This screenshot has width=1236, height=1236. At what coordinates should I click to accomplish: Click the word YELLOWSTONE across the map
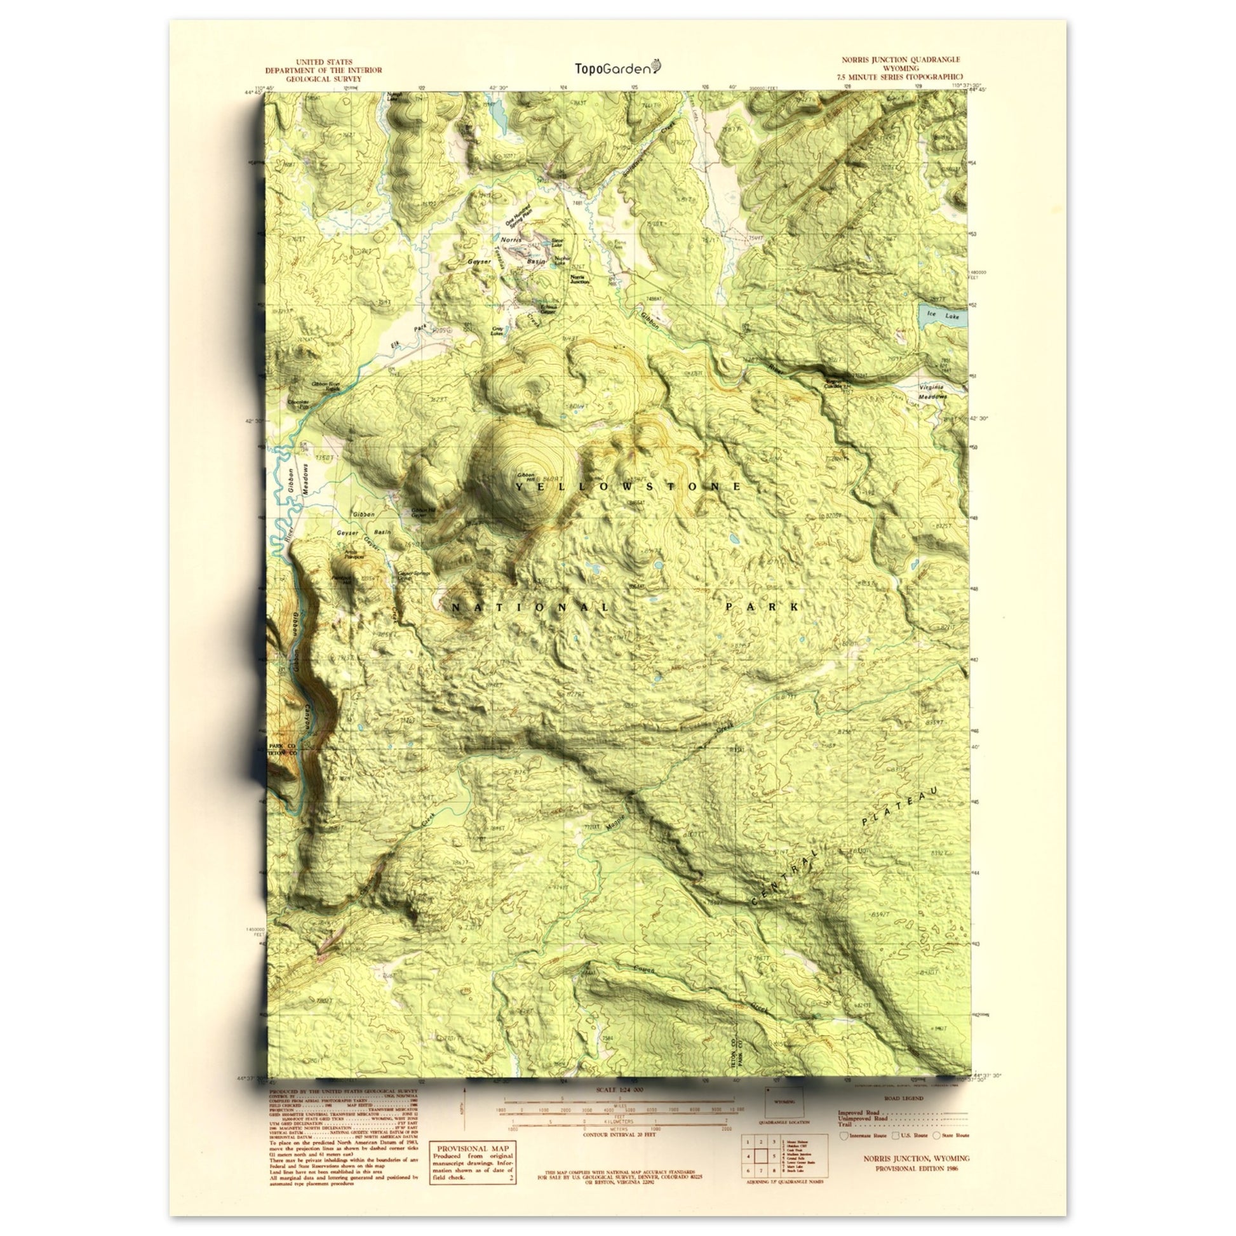[x=628, y=487]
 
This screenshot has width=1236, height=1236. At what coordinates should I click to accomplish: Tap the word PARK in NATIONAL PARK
[x=762, y=607]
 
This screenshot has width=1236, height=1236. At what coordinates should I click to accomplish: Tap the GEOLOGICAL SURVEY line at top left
[x=323, y=79]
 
